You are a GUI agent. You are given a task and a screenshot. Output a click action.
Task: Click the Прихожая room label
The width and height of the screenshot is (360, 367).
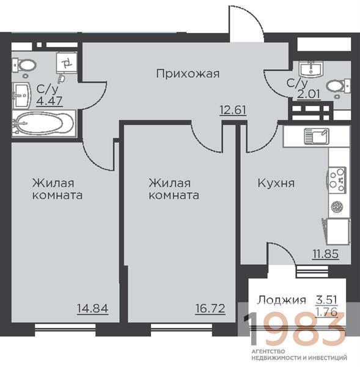click(188, 74)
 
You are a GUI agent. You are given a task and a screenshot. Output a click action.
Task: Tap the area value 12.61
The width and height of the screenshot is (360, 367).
click(233, 109)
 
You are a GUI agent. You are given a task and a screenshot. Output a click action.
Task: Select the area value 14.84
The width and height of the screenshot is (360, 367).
click(93, 308)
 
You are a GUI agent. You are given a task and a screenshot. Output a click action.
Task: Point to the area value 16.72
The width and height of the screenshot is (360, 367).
click(210, 308)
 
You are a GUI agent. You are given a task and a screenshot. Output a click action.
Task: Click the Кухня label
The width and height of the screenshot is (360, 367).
click(276, 183)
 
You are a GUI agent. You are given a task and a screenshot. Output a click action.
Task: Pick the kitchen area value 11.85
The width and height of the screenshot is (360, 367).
click(326, 254)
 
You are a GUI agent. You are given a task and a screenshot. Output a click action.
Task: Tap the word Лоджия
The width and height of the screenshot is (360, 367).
click(282, 300)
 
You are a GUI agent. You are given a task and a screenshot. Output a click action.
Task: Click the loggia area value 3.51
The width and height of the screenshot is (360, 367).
click(326, 300)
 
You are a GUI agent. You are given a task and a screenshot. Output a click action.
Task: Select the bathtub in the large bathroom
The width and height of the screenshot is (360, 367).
click(44, 123)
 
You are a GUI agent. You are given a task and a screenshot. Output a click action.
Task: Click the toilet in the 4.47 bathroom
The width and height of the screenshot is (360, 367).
click(24, 65)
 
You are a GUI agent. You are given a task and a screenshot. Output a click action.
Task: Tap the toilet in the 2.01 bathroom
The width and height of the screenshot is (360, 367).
click(338, 86)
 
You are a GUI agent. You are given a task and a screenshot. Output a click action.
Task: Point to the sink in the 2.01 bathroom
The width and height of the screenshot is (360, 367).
click(311, 69)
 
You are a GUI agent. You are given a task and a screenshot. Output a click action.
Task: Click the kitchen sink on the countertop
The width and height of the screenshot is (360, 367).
click(317, 136)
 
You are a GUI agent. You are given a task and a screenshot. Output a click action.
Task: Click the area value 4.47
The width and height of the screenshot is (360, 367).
click(50, 101)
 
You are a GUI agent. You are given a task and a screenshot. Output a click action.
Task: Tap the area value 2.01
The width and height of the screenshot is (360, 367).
click(309, 95)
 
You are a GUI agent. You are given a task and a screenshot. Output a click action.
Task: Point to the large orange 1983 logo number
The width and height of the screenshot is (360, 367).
click(295, 329)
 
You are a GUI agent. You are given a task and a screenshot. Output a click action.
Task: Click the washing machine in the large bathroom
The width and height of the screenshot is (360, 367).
click(67, 63)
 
